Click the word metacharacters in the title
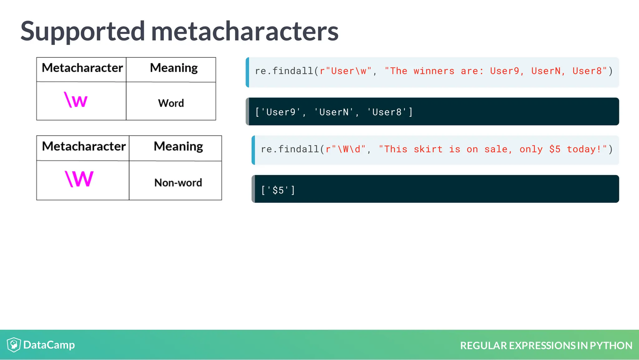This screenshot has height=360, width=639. pos(245,31)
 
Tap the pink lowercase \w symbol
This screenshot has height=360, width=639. pos(76,100)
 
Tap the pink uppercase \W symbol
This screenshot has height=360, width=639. pos(79,179)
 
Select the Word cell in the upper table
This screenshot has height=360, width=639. pos(171,103)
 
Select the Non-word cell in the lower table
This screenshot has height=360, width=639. pos(178,182)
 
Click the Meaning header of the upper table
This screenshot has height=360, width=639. pos(173,68)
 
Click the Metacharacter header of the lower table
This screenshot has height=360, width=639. pos(84,146)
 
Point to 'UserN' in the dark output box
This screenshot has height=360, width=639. pos(334,112)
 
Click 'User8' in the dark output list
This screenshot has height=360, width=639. pos(387,112)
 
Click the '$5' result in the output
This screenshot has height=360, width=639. pos(278,190)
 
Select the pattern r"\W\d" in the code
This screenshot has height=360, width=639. pos(345,149)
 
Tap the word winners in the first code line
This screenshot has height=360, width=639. pos(434,71)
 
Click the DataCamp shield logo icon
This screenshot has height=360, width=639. pos(14,345)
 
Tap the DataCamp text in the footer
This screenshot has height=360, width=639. pos(49,345)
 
